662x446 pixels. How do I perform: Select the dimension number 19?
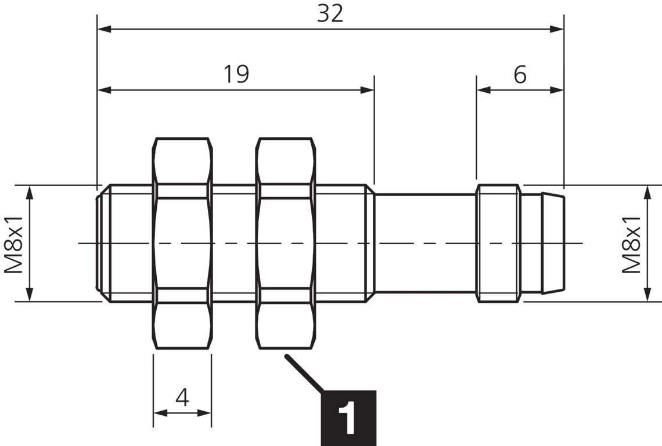[236, 74]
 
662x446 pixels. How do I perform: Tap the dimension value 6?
[520, 74]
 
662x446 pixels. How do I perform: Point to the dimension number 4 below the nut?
[182, 398]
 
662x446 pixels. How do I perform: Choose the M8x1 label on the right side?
[631, 244]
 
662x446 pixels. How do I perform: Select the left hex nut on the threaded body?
[182, 244]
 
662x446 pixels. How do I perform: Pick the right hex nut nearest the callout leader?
[286, 244]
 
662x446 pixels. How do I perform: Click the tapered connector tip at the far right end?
[552, 244]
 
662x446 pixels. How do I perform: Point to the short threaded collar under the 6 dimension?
[498, 244]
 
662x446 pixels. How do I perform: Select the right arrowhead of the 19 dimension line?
[367, 90]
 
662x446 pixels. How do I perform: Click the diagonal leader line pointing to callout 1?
[303, 372]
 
